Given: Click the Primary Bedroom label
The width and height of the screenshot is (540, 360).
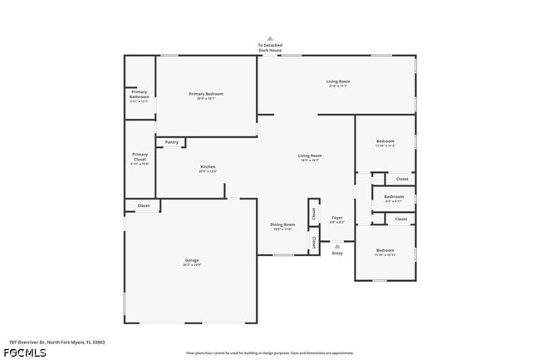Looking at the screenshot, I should pyautogui.click(x=206, y=94).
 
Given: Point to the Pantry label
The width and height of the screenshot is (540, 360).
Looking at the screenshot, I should pyautogui.click(x=171, y=142).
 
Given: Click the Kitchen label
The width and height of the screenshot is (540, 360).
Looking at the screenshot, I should pyautogui.click(x=208, y=167).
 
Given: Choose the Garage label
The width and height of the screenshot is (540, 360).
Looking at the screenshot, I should pyautogui.click(x=192, y=260).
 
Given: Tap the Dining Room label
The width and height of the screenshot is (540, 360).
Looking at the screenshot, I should pyautogui.click(x=282, y=224).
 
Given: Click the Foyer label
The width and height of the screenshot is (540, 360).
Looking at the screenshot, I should pyautogui.click(x=337, y=218).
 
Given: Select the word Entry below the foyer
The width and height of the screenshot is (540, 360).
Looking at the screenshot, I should pyautogui.click(x=337, y=254).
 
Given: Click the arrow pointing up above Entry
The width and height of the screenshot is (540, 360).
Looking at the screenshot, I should pyautogui.click(x=337, y=246).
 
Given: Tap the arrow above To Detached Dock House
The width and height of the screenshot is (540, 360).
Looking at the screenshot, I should pyautogui.click(x=269, y=38).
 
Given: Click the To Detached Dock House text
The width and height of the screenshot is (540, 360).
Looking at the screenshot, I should pyautogui.click(x=269, y=47).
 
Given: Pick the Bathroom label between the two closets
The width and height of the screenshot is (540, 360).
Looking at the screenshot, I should pyautogui.click(x=394, y=197).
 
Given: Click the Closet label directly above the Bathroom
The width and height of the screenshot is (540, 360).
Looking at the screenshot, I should pyautogui.click(x=401, y=179).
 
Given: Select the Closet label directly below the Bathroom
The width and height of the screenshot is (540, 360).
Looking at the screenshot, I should pyautogui.click(x=401, y=219).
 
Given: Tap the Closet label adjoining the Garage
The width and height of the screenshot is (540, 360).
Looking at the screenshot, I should pyautogui.click(x=143, y=205).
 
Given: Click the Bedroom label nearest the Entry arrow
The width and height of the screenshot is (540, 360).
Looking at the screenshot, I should pyautogui.click(x=385, y=250).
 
